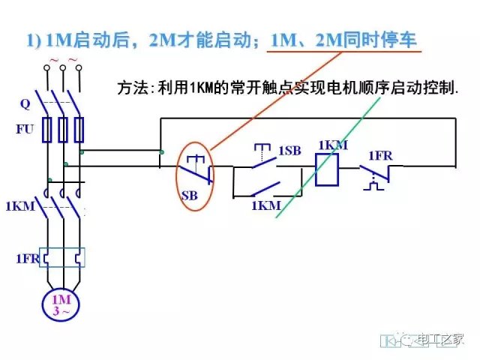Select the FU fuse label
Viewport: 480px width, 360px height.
pyautogui.click(x=25, y=129)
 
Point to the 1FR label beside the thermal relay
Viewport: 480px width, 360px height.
pyautogui.click(x=23, y=259)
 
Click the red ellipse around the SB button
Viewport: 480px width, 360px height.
pyautogui.click(x=196, y=177)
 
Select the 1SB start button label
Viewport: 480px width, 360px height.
pyautogui.click(x=289, y=151)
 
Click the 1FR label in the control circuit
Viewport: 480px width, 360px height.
pyautogui.click(x=380, y=155)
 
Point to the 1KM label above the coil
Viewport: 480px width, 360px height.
pyautogui.click(x=332, y=145)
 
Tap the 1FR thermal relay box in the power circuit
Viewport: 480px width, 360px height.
pyautogui.click(x=63, y=259)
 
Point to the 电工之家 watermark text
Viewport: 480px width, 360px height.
pyautogui.click(x=442, y=340)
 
